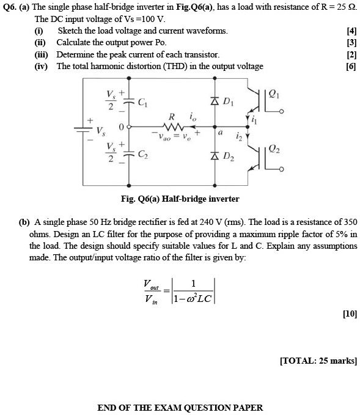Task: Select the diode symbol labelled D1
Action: [x=215, y=100]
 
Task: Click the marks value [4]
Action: [x=351, y=31]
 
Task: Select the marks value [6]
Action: [x=351, y=66]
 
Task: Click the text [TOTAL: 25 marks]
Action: [x=318, y=361]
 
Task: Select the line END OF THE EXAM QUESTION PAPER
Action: [x=180, y=407]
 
